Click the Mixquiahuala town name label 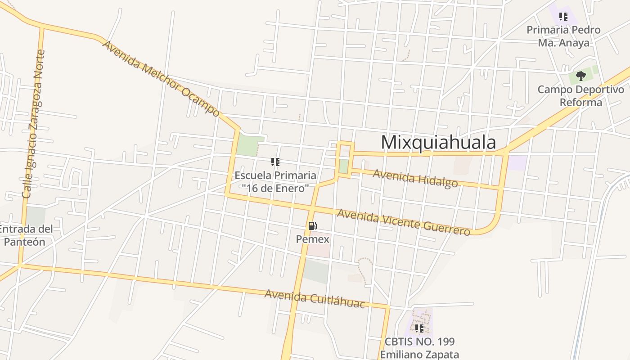tap(438, 142)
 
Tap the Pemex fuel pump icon tap(312, 226)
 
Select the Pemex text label tap(312, 239)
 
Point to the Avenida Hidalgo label tap(415, 178)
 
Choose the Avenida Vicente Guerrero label tap(404, 222)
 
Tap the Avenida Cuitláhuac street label tap(315, 298)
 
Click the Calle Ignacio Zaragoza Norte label tap(34, 124)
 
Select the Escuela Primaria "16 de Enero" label tap(275, 182)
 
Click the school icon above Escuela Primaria tap(275, 162)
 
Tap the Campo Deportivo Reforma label tap(581, 96)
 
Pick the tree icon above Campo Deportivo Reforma tap(580, 76)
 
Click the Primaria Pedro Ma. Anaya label tap(563, 36)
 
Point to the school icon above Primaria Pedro tap(563, 17)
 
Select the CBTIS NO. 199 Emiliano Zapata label tap(419, 348)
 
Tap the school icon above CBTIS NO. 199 tap(419, 328)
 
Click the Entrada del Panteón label tap(25, 235)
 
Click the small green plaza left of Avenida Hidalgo tap(343, 166)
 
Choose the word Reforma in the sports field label tap(581, 103)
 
